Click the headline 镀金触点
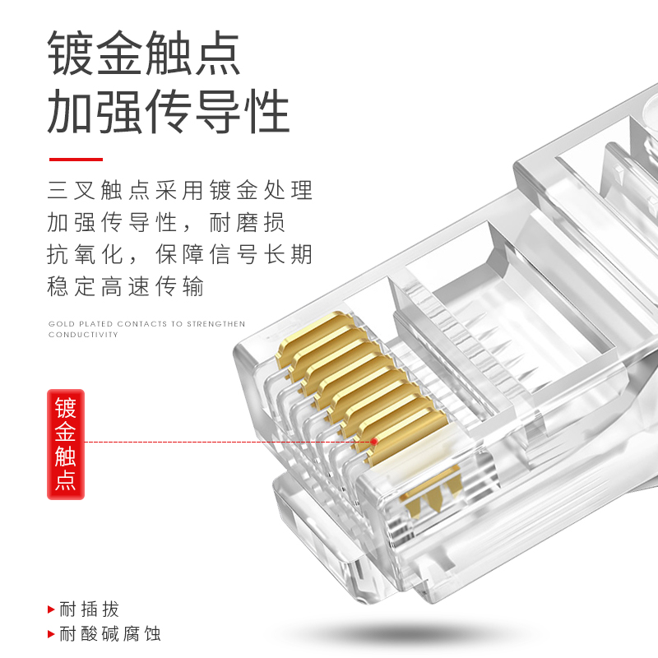[x=144, y=53]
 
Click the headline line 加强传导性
[x=169, y=113]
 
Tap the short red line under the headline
[x=76, y=160]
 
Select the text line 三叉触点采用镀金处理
[x=180, y=191]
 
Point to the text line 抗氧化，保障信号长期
[x=180, y=254]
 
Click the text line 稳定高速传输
[x=126, y=286]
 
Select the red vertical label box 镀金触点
[x=65, y=444]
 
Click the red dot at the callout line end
[x=374, y=442]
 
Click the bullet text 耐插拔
[x=90, y=609]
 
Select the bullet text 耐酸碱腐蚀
[x=110, y=633]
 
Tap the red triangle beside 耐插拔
[x=52, y=610]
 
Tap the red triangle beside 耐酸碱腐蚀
[x=52, y=634]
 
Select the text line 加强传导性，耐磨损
[x=167, y=222]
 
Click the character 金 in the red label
[x=65, y=433]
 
